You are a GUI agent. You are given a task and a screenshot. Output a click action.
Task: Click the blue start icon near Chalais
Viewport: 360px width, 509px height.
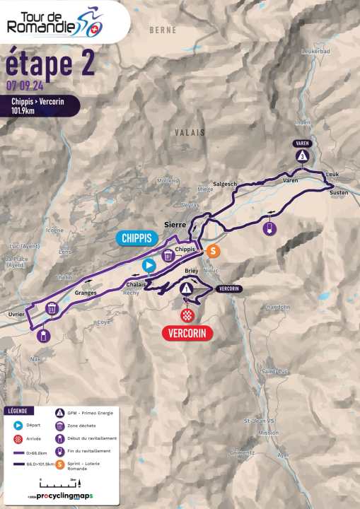pos(149,266)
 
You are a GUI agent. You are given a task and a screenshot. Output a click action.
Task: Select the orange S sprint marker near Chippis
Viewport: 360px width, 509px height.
pos(213,251)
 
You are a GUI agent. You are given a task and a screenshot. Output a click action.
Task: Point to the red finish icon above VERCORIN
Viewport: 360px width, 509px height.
pos(187,314)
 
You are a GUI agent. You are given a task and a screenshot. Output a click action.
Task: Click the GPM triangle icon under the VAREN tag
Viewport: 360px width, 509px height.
pos(302,156)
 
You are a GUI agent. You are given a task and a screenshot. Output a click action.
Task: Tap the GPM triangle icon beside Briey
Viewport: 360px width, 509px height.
pos(186,288)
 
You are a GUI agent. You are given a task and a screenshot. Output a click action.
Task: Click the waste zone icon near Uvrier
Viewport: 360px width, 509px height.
pos(52,308)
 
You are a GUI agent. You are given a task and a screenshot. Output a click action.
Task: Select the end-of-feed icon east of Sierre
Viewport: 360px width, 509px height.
pos(268,228)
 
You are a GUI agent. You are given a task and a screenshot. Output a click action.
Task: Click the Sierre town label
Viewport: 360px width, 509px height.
pos(175,223)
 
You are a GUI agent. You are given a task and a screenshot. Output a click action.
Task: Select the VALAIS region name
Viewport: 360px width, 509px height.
pos(190,132)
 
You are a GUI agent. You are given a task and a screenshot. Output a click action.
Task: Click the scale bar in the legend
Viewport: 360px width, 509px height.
pos(60,483)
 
